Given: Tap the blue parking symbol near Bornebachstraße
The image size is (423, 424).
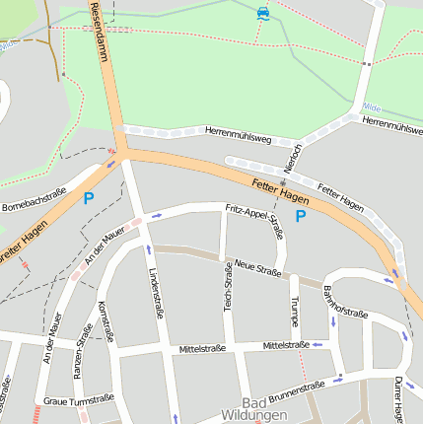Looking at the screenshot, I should point(89,198).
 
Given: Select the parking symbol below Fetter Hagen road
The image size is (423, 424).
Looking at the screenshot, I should point(301,215).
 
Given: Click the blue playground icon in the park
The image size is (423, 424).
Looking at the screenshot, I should point(262,13).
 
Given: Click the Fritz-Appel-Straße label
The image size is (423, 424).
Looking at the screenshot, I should point(254,222).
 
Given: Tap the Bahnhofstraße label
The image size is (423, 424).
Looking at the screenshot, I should point(344,300).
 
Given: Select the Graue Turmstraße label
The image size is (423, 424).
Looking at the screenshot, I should point(79,399).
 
